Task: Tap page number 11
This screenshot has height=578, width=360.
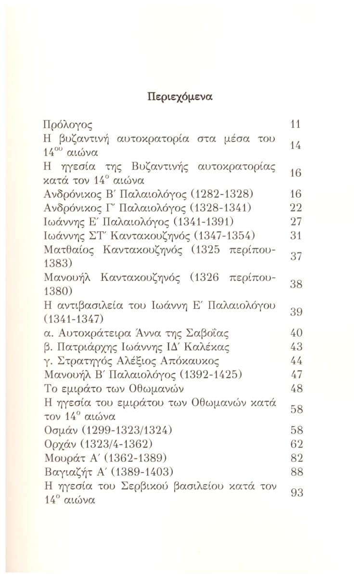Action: (x=296, y=125)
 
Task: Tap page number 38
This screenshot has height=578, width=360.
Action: (x=296, y=285)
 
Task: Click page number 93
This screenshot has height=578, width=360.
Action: (x=296, y=492)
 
